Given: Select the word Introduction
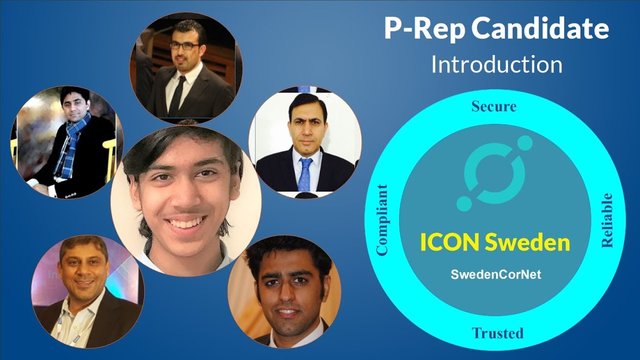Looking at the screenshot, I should point(496,66).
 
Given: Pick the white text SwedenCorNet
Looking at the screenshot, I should point(495,273).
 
